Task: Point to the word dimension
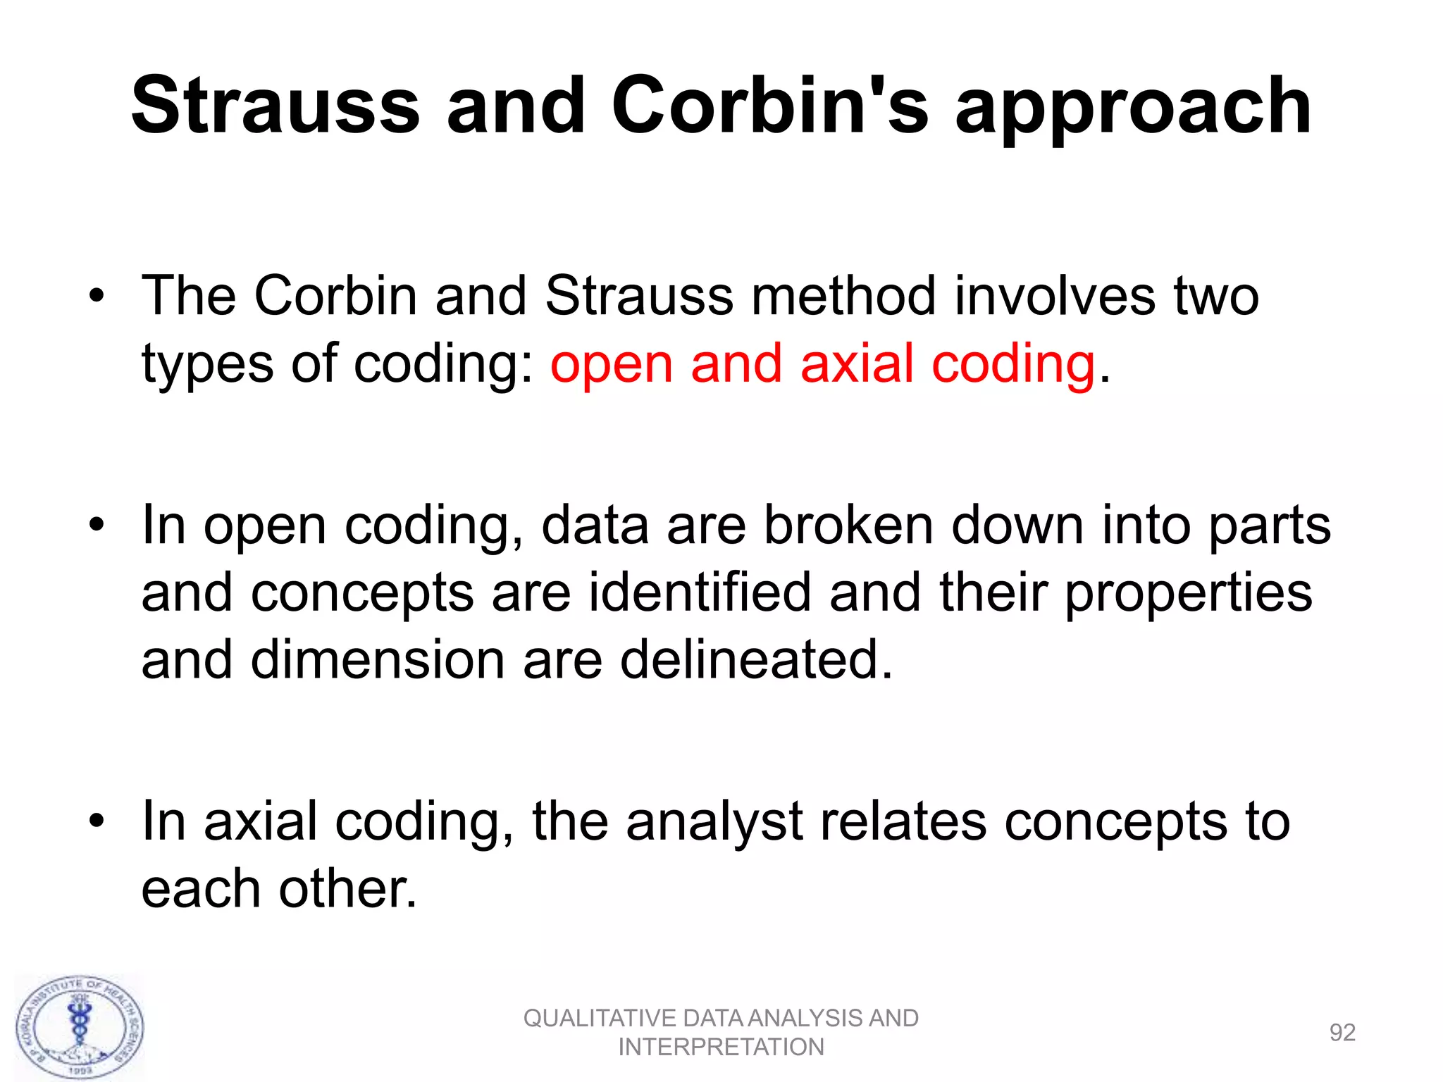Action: [378, 659]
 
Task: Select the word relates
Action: [903, 821]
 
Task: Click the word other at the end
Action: [348, 888]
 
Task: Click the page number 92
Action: [1342, 1033]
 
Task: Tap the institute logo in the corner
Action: [80, 1027]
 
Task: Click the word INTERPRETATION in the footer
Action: [721, 1047]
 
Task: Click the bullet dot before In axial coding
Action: [97, 821]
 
